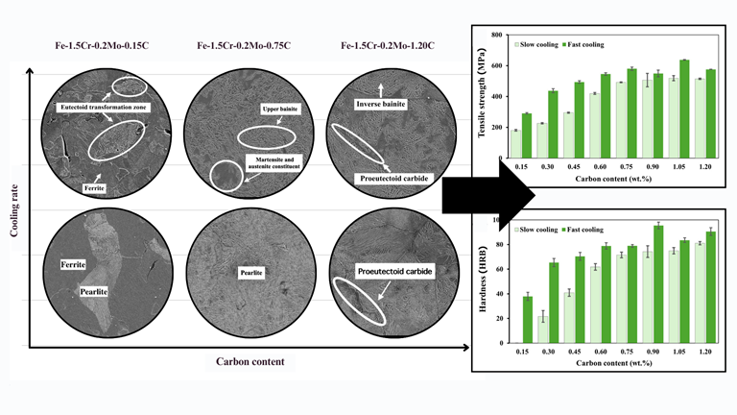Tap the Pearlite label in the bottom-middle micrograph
click(243, 272)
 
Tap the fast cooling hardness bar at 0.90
click(658, 284)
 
